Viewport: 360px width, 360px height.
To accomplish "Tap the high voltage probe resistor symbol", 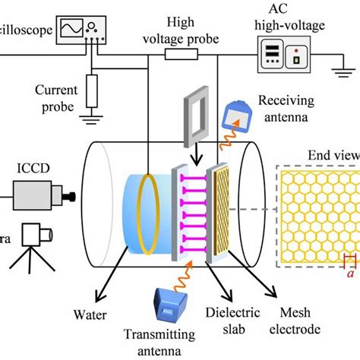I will point(182,55).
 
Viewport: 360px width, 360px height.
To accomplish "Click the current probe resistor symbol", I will point(92,90).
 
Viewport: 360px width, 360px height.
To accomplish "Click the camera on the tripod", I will point(31,235).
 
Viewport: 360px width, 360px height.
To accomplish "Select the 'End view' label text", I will point(333,157).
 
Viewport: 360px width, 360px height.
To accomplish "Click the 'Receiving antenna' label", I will point(289,108).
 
